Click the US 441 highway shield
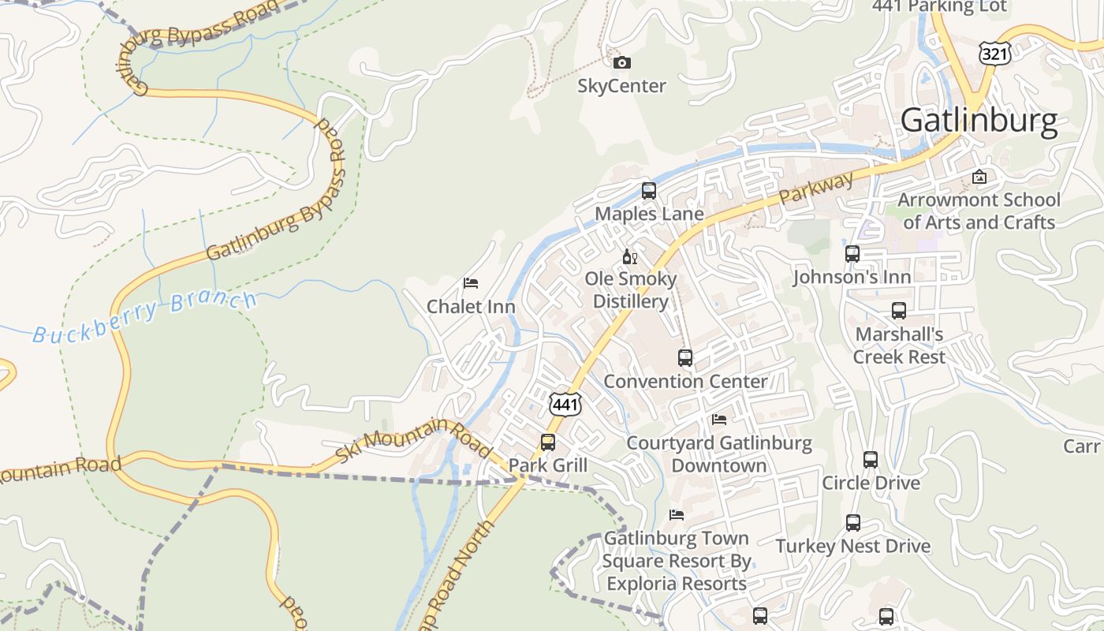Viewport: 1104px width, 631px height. click(x=566, y=405)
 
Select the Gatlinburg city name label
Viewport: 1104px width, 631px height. click(x=979, y=121)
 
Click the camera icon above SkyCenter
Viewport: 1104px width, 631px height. click(x=622, y=63)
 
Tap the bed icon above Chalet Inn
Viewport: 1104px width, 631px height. click(x=471, y=283)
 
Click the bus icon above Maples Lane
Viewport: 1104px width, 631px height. click(x=649, y=191)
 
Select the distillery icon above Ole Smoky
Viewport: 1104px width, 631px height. click(x=630, y=256)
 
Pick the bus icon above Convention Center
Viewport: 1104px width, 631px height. click(x=685, y=358)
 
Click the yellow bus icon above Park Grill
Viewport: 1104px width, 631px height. click(x=548, y=442)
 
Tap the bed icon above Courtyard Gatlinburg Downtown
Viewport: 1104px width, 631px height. click(x=719, y=420)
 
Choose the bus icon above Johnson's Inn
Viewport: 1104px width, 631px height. click(x=852, y=254)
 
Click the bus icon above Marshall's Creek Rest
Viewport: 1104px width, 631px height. click(x=899, y=311)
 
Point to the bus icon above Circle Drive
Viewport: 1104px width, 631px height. click(x=871, y=460)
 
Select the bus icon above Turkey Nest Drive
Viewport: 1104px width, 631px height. click(x=853, y=523)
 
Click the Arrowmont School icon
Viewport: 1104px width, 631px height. click(x=979, y=177)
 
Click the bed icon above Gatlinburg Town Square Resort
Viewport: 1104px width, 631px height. click(x=677, y=515)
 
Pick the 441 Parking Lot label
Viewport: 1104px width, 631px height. click(x=939, y=7)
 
